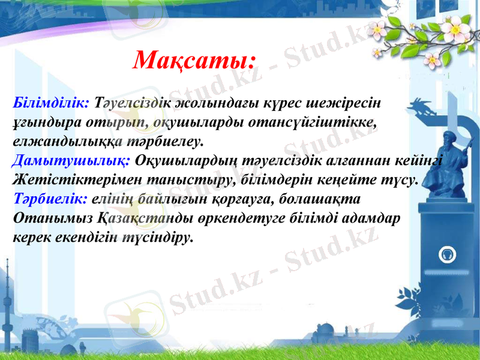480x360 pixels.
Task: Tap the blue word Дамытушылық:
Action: pos(71,160)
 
